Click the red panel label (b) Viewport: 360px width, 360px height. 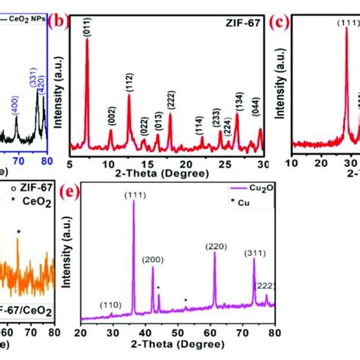pos(59,23)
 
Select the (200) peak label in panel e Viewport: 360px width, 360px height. pos(153,260)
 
